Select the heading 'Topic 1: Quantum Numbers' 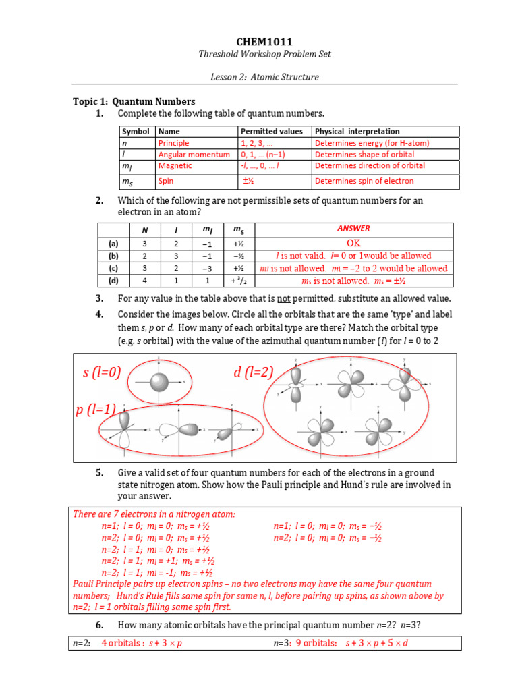pyautogui.click(x=134, y=101)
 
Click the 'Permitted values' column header pyautogui.click(x=271, y=132)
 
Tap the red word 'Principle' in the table pyautogui.click(x=173, y=143)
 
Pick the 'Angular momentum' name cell pyautogui.click(x=194, y=155)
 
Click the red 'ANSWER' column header pyautogui.click(x=353, y=229)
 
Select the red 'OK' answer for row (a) pyautogui.click(x=354, y=243)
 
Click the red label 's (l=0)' pyautogui.click(x=101, y=372)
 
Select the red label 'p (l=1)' pyautogui.click(x=96, y=409)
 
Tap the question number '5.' pyautogui.click(x=99, y=473)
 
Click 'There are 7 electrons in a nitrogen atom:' pyautogui.click(x=154, y=514)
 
